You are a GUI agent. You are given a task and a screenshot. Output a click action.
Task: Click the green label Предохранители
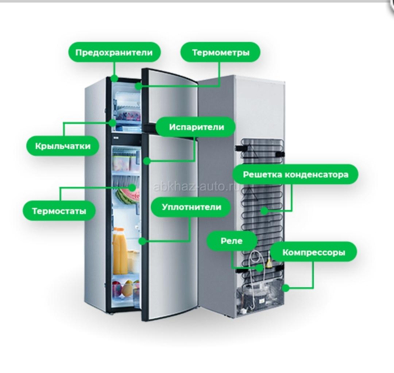114,52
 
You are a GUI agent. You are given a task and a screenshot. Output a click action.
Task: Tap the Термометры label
220,52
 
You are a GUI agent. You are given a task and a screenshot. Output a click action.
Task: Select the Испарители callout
196,127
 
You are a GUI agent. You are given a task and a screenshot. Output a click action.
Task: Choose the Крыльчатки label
63,146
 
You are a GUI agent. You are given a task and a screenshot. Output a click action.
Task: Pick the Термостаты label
59,211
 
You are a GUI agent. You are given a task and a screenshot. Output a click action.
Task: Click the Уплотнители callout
191,207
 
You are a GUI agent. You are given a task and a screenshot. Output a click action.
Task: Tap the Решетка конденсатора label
295,174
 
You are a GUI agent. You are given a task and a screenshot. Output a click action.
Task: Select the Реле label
232,241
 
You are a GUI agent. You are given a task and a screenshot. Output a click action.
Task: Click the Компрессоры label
314,252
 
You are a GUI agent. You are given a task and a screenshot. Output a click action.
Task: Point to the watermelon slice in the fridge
128,196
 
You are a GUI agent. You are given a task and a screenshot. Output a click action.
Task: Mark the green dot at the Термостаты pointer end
132,187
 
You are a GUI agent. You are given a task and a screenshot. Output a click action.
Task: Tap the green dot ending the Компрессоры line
286,288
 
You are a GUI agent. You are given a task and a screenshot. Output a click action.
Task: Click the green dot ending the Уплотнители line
142,241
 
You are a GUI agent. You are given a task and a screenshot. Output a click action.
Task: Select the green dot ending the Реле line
260,268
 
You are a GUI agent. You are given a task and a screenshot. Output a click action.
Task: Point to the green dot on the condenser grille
264,211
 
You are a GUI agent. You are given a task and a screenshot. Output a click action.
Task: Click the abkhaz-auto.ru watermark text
196,186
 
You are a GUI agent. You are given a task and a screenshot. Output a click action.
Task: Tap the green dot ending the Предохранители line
114,78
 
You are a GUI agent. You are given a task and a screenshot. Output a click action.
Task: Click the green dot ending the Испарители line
147,161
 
